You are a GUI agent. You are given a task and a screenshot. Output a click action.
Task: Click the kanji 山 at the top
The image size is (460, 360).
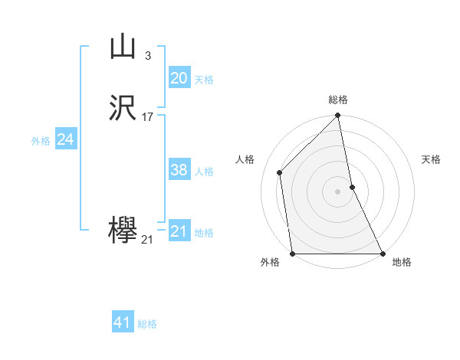coord(123,47)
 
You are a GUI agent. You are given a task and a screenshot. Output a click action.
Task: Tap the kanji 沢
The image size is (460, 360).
coord(123,108)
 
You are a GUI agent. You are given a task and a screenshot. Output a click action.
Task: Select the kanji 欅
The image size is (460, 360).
coord(123,231)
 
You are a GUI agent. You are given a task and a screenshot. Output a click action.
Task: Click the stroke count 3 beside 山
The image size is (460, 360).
coord(147,56)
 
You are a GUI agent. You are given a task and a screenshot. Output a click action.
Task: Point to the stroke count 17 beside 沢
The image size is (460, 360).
coord(148,117)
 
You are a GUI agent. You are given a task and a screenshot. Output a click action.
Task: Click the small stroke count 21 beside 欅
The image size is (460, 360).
coord(147,240)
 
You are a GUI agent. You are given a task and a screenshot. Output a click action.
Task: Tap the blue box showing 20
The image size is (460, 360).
coord(179,78)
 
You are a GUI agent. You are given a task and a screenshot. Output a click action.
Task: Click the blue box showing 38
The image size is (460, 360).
coord(179,170)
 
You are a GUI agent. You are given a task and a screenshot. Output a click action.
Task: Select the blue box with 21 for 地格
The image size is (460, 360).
coord(179,231)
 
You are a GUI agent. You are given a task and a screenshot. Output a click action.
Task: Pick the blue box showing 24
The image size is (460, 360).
coord(66,139)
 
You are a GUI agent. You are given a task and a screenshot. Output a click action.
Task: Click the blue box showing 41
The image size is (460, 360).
coord(123,322)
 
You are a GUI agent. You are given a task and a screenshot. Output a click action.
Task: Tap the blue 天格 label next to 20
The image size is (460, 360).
coord(203,80)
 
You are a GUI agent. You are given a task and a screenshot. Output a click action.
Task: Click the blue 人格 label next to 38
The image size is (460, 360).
coord(203,172)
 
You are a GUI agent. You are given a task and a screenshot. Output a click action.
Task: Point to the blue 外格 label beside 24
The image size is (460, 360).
coord(41,141)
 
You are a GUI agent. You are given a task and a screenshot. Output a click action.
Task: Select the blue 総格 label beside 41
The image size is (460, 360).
coord(147,324)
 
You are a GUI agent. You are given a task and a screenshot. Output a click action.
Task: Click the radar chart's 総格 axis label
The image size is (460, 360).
coord(338,100)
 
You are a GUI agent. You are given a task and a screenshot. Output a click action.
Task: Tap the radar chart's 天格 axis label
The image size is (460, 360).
coord(431,159)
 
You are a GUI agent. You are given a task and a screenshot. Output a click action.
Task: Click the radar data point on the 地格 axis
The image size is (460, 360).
coord(382,254)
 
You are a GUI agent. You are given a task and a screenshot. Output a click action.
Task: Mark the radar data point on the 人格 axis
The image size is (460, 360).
coord(280,172)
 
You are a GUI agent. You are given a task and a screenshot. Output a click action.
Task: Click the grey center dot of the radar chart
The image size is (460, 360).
coord(338,191)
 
